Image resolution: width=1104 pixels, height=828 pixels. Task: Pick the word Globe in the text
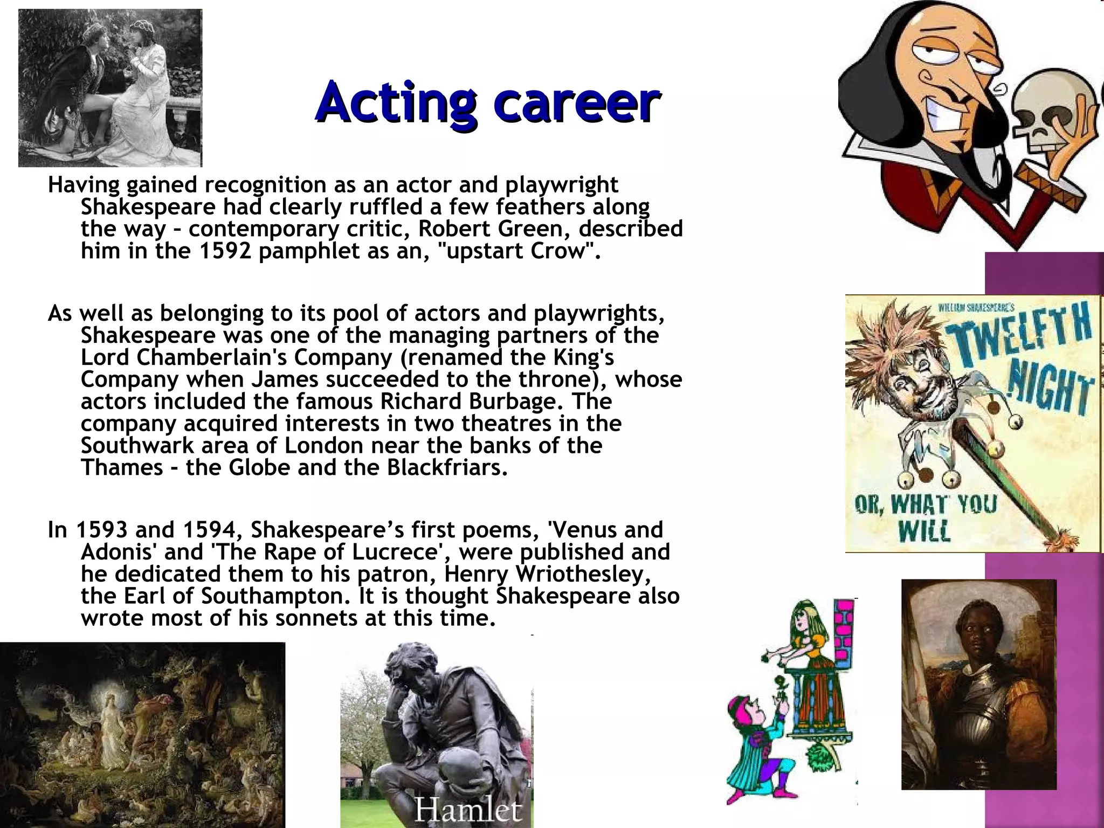pyautogui.click(x=259, y=467)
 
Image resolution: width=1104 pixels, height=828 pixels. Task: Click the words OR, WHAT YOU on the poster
pyautogui.click(x=925, y=505)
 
